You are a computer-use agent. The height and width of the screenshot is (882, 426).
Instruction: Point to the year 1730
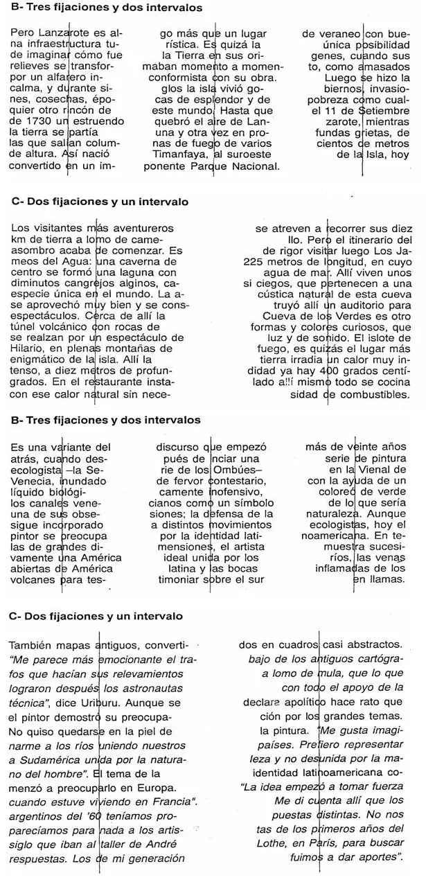pos(28,121)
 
